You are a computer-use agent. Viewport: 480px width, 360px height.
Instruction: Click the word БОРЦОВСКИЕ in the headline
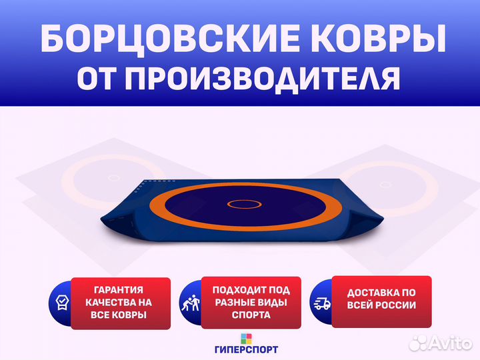pyautogui.click(x=170, y=39)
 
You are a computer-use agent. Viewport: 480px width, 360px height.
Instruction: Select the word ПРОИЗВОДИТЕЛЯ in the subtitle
pyautogui.click(x=262, y=79)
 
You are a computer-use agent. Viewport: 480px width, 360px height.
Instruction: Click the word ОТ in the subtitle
pyautogui.click(x=97, y=77)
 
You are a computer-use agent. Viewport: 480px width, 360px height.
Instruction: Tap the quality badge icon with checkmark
pyautogui.click(x=63, y=303)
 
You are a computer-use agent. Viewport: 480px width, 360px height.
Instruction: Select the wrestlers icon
pyautogui.click(x=191, y=303)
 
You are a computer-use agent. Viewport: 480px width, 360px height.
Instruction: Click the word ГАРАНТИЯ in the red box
pyautogui.click(x=119, y=289)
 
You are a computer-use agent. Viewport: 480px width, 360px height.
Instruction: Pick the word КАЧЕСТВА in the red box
pyautogui.click(x=107, y=303)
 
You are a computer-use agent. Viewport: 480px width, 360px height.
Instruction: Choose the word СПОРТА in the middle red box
pyautogui.click(x=251, y=315)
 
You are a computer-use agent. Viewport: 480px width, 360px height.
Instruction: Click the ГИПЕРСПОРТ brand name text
pyautogui.click(x=247, y=349)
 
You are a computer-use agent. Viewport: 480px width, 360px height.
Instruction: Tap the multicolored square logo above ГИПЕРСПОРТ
pyautogui.click(x=247, y=339)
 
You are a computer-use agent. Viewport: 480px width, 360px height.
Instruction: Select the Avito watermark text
pyautogui.click(x=441, y=343)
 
